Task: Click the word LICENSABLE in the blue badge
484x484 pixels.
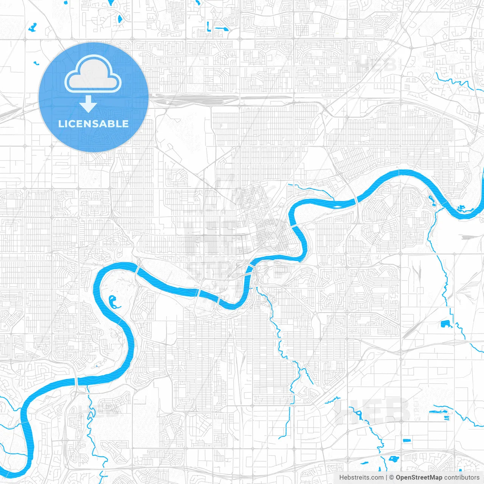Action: [x=93, y=124]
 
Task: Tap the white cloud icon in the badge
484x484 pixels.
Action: [x=93, y=74]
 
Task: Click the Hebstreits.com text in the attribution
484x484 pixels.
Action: [x=361, y=478]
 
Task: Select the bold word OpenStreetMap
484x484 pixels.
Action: [x=419, y=478]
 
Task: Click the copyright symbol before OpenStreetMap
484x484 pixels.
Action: [x=391, y=478]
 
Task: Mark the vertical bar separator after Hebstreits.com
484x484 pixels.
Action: [x=386, y=478]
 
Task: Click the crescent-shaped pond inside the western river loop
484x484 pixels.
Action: [x=113, y=302]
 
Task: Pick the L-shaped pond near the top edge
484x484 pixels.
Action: [x=208, y=26]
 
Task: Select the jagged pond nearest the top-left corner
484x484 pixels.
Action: [x=33, y=27]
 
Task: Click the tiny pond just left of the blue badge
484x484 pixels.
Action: [x=36, y=63]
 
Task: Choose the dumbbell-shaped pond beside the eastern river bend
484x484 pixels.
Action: [x=432, y=201]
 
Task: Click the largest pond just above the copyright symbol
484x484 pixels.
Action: [x=393, y=459]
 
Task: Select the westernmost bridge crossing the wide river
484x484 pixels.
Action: [x=77, y=382]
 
